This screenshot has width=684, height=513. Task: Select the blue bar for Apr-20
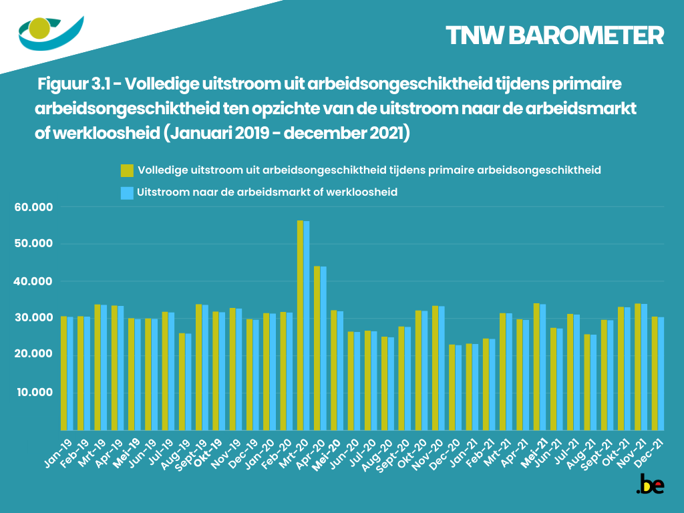(323, 347)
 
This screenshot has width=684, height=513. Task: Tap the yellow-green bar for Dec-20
(452, 387)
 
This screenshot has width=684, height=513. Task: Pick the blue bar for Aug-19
(188, 381)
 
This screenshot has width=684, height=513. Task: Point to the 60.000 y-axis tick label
(34, 207)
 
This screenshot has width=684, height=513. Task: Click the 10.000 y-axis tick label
(34, 391)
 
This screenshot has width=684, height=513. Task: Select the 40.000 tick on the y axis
(34, 281)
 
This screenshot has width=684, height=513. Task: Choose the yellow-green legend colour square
(127, 170)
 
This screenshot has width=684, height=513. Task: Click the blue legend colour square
(127, 192)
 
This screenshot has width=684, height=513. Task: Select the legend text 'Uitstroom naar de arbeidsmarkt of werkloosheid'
(267, 192)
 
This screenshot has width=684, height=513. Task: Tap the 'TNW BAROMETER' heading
(554, 35)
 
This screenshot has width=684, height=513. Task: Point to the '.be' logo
(650, 484)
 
